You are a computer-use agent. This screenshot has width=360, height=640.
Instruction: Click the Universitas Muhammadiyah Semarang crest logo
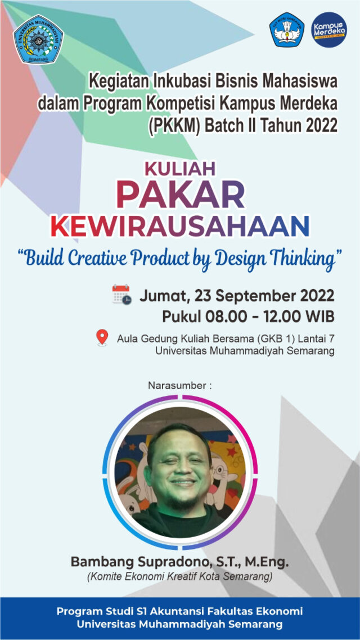click(x=38, y=39)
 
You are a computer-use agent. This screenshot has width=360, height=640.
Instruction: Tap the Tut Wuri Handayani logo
click(x=287, y=29)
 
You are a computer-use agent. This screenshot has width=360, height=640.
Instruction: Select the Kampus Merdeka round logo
click(x=330, y=29)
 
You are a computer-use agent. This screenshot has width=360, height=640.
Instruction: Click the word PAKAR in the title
click(x=181, y=195)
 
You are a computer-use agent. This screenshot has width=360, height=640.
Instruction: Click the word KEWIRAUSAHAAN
click(x=180, y=227)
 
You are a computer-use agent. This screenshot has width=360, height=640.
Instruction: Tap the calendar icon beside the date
click(x=121, y=294)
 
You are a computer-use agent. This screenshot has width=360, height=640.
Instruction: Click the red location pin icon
click(x=102, y=337)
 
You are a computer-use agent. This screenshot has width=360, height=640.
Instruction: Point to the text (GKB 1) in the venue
click(x=284, y=339)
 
